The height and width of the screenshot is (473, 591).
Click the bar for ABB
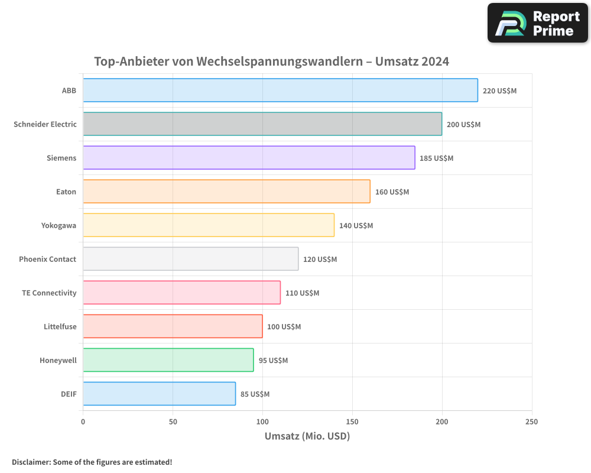[x=280, y=90]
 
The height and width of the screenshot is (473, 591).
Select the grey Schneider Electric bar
[x=262, y=124]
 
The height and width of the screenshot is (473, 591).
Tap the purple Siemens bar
[x=249, y=158]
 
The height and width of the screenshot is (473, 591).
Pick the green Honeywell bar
[x=168, y=360]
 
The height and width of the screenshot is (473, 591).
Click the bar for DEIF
[x=159, y=394]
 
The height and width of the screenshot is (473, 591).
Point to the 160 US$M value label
[x=392, y=192]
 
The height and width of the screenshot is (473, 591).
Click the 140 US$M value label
[x=356, y=226]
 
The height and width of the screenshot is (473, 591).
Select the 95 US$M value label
[x=273, y=361]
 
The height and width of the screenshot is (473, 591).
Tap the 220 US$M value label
[x=499, y=91]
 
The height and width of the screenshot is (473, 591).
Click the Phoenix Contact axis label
[x=47, y=260]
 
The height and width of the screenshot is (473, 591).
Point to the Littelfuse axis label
[x=60, y=327]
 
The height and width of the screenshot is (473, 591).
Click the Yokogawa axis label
[x=59, y=226]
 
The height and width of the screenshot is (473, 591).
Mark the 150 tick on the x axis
[x=352, y=422]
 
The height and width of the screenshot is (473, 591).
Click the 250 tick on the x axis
[x=531, y=422]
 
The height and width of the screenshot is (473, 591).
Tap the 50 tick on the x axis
[x=173, y=422]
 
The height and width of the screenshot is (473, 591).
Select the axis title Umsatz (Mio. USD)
[x=307, y=437]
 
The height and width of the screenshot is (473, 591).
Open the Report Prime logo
[x=537, y=23]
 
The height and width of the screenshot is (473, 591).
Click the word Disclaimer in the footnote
[x=31, y=462]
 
